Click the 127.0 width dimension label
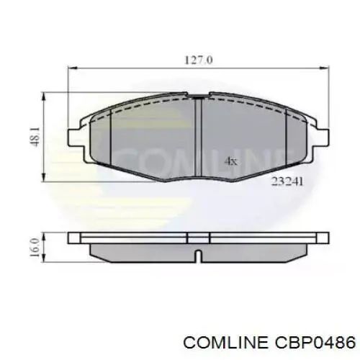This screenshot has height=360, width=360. click(x=199, y=60)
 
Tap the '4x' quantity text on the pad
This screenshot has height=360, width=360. click(x=230, y=161)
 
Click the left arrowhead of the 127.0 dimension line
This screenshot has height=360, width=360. click(x=71, y=69)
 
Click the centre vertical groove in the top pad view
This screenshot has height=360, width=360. click(x=198, y=137)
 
